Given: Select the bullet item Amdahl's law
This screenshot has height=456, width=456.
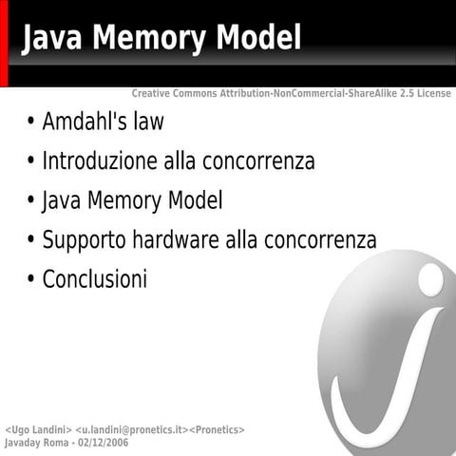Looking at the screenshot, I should pos(103,123).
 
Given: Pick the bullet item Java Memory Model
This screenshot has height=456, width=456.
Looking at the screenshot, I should pos(132,201).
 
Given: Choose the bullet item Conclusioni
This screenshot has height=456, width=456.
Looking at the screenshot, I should pos(95,279).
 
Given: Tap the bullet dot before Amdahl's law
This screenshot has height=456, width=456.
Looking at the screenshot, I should pos(32,123).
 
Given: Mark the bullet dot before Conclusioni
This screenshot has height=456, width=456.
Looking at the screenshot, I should pos(32,280).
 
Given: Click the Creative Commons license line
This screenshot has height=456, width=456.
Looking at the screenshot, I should pos(291,94).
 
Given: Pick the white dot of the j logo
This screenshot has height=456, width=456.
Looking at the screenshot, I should pos(430,277).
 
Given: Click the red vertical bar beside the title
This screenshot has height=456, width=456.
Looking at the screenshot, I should pos(4,44).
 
